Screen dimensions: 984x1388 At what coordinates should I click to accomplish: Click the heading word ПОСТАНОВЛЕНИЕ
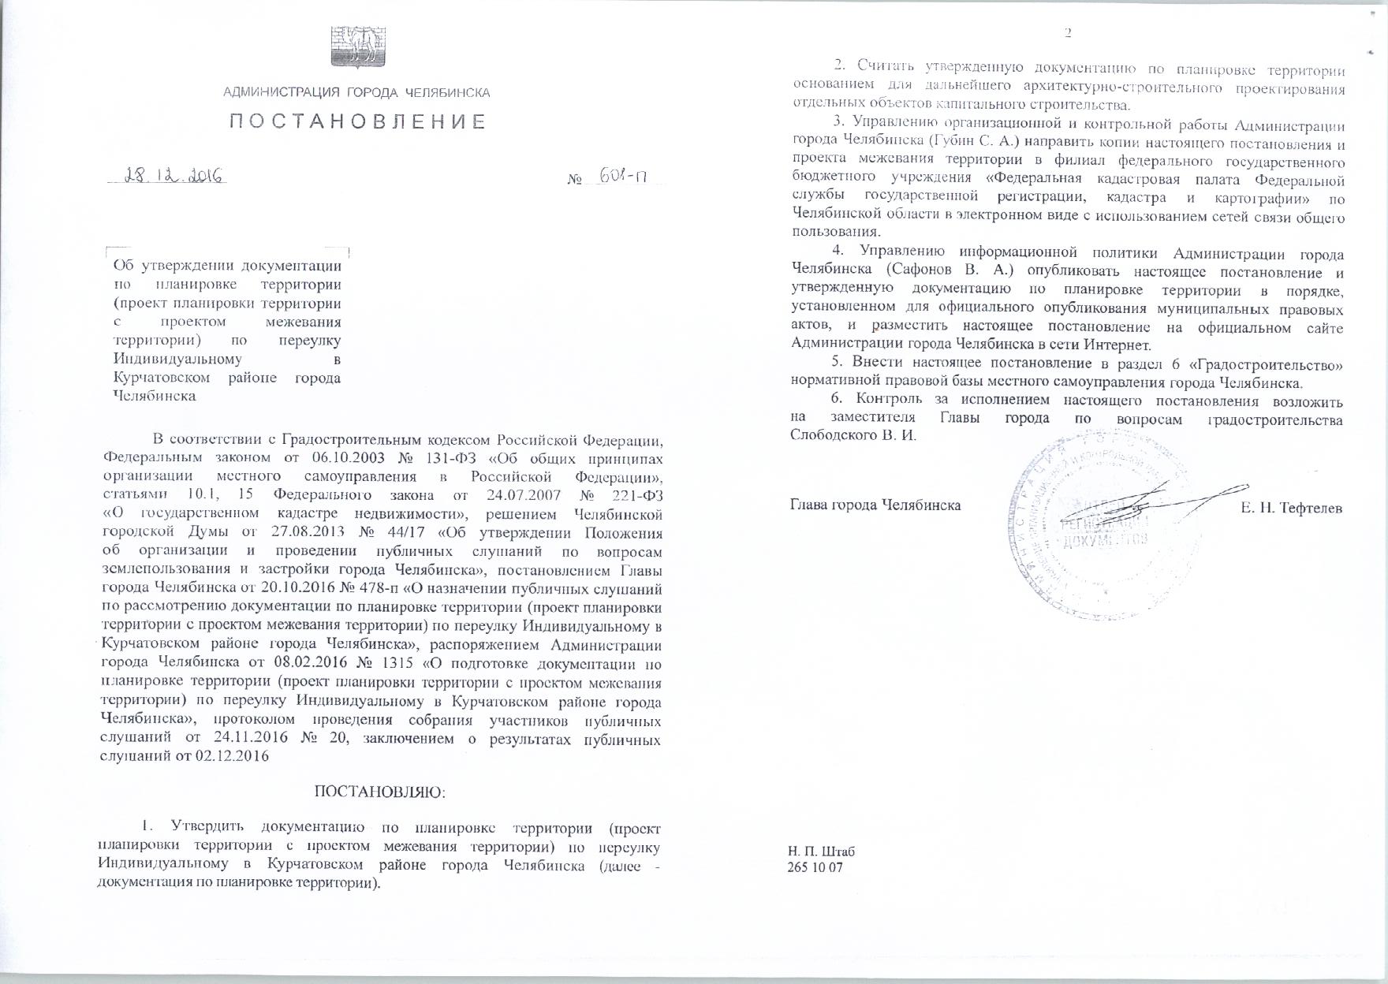pyautogui.click(x=357, y=121)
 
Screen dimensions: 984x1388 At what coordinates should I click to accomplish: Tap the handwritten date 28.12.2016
pyautogui.click(x=167, y=176)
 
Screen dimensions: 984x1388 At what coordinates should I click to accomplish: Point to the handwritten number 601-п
pyautogui.click(x=623, y=177)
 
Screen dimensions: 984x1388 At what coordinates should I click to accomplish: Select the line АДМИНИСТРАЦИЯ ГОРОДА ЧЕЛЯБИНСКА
pyautogui.click(x=356, y=93)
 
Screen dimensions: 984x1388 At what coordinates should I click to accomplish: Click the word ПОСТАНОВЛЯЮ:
pyautogui.click(x=380, y=791)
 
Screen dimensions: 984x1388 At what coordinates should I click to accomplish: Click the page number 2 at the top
pyautogui.click(x=1069, y=33)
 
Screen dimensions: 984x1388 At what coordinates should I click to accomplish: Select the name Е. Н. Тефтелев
pyautogui.click(x=1291, y=507)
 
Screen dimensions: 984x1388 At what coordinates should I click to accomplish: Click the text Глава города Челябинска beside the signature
pyautogui.click(x=875, y=505)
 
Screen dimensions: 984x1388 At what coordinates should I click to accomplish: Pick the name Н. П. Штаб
pyautogui.click(x=821, y=852)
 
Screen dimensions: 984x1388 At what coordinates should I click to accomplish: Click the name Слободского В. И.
pyautogui.click(x=853, y=435)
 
